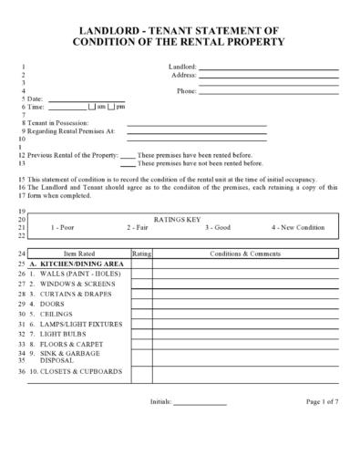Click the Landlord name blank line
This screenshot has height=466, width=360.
[268, 68]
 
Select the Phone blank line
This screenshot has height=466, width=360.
[268, 92]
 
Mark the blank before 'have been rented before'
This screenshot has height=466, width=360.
[128, 157]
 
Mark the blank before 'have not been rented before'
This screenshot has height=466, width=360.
[128, 165]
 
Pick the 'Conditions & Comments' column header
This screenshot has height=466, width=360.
[245, 253]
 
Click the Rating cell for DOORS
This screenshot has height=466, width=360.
[141, 303]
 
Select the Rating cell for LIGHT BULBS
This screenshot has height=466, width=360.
[141, 334]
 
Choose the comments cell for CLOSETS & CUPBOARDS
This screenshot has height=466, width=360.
[245, 372]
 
